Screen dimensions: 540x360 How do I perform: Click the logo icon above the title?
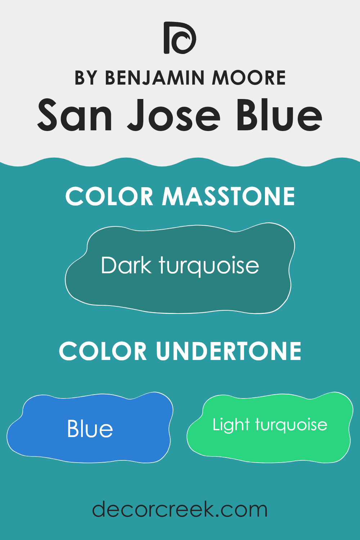click(x=180, y=38)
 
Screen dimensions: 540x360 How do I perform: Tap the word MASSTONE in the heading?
click(x=229, y=197)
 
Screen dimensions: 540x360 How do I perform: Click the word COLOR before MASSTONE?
click(x=109, y=197)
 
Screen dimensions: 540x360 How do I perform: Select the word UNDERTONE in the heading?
click(x=229, y=351)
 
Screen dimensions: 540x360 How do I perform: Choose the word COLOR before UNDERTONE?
click(x=103, y=351)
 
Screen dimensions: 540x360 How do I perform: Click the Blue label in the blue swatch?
click(x=90, y=429)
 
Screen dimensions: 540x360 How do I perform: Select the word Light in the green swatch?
click(x=231, y=425)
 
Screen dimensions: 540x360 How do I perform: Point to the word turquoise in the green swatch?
click(x=291, y=425)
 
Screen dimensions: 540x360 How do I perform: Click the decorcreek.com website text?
click(x=180, y=509)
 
